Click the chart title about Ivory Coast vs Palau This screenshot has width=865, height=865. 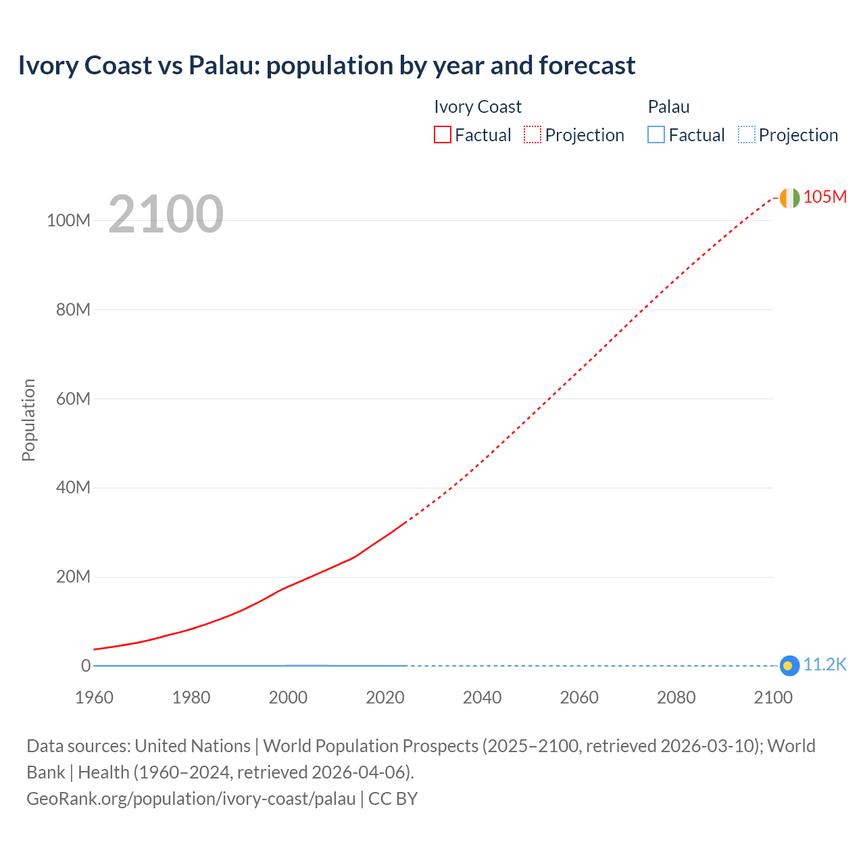(x=326, y=66)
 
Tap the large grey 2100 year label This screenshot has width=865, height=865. (x=166, y=214)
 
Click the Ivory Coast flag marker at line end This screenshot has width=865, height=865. (x=789, y=198)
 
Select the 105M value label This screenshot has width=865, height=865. (x=824, y=197)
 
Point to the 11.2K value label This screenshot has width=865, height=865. (x=824, y=664)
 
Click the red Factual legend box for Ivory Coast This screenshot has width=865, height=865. (x=443, y=135)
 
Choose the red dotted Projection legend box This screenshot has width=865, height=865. (x=533, y=135)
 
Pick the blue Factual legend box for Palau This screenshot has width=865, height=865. (x=656, y=135)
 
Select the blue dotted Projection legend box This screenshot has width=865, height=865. (x=747, y=135)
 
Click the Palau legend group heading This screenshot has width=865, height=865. (x=668, y=107)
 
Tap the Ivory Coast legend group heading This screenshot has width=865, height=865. (x=478, y=107)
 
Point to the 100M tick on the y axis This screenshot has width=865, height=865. (x=68, y=220)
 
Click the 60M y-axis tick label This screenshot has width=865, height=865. (x=72, y=399)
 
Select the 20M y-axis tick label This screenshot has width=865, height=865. (x=72, y=577)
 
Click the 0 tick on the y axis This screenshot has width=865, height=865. (x=86, y=666)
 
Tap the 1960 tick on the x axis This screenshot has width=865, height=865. (x=94, y=697)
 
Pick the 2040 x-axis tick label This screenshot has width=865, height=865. (x=482, y=697)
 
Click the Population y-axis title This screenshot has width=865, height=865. (x=28, y=420)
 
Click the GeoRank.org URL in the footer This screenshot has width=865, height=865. (x=191, y=799)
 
